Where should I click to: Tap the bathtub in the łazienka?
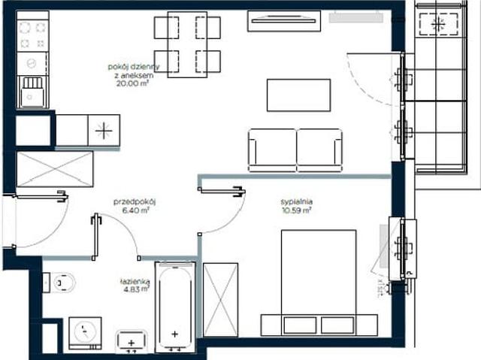[x=175, y=307]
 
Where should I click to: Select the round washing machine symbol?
[x=85, y=333]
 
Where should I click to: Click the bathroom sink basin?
[x=132, y=340]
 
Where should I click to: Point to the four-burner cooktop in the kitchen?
[x=32, y=35]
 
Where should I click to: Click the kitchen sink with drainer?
[x=32, y=92]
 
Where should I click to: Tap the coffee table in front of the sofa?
[x=298, y=95]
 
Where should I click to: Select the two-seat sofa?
[x=295, y=150]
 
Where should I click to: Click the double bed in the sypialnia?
[x=319, y=283]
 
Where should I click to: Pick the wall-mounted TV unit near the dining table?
[x=284, y=21]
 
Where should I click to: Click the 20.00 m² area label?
[x=132, y=83]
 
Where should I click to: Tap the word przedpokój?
[x=135, y=202]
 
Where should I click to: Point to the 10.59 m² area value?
[x=297, y=210]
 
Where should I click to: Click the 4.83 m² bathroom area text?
[x=135, y=289]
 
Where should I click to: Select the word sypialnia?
[x=297, y=201]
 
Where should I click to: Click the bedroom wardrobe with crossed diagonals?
[x=220, y=300]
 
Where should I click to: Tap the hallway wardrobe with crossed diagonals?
[x=55, y=169]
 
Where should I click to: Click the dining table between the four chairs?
[x=187, y=44]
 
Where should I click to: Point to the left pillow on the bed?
[x=300, y=325]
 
